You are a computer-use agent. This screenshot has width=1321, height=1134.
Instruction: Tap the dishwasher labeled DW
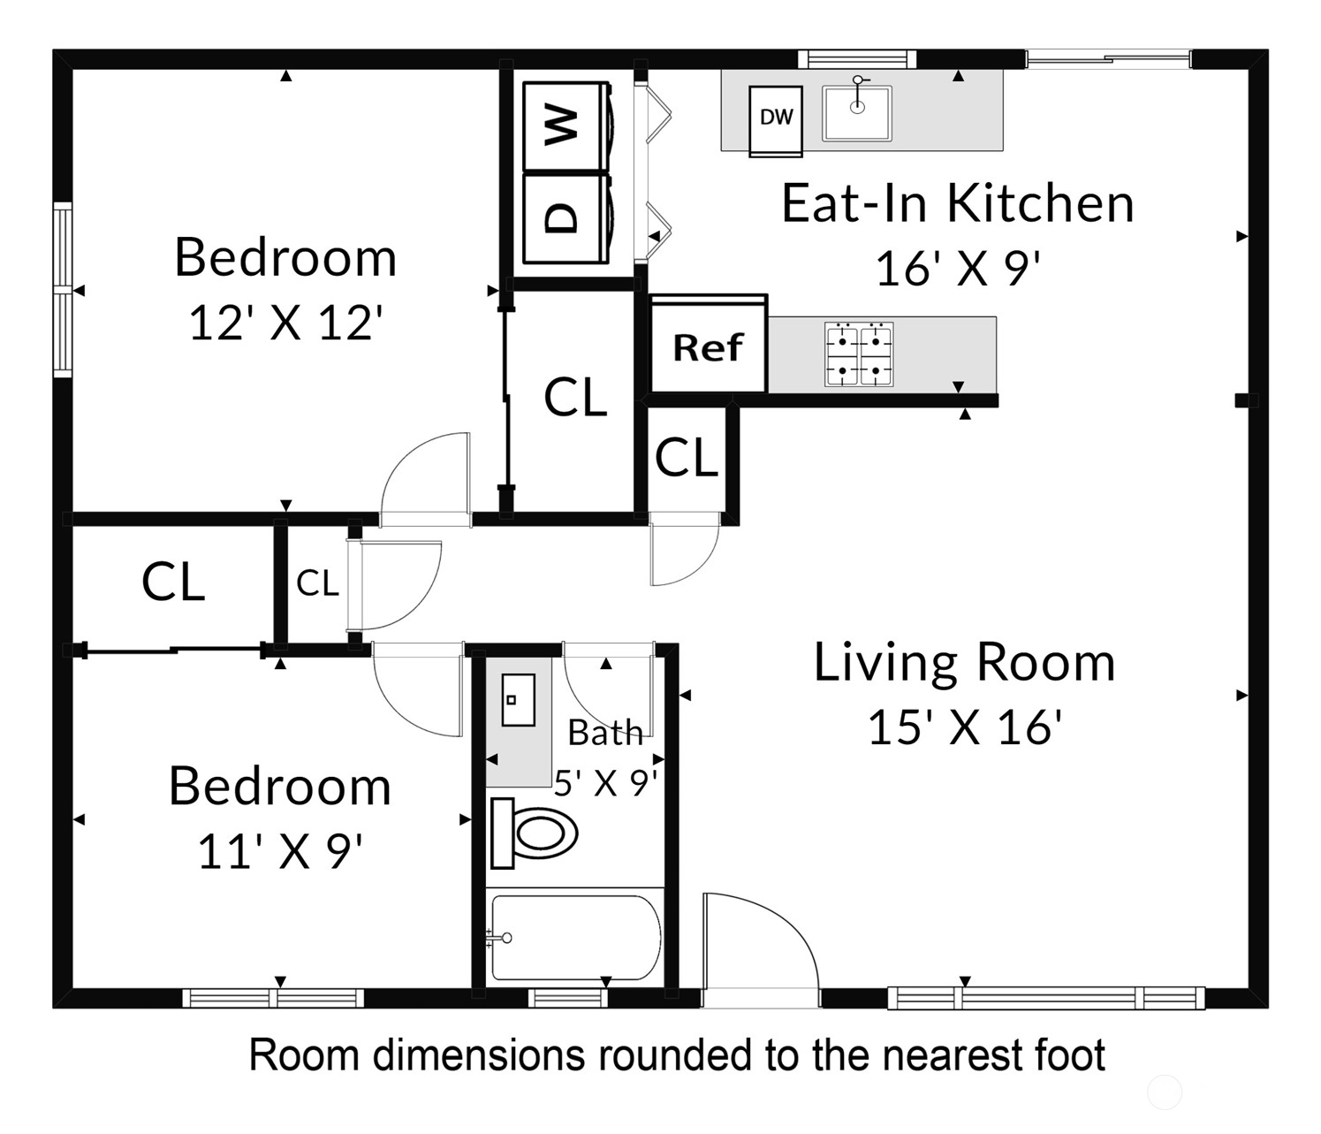[x=775, y=121]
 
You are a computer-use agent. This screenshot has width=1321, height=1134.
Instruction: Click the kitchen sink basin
[x=857, y=113]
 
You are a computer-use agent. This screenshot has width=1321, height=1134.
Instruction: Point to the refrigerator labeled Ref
[x=708, y=346]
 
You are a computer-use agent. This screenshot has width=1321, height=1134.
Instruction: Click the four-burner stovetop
[x=859, y=354]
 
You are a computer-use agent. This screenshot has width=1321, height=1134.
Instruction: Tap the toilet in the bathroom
[x=533, y=833]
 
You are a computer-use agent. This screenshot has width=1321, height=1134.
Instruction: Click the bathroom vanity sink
[x=519, y=699]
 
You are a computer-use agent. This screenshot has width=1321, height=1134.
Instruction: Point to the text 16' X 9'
[x=957, y=269]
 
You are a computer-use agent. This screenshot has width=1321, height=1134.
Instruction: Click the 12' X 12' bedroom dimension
[x=285, y=323]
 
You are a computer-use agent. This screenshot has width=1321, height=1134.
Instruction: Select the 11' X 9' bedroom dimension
[x=280, y=852]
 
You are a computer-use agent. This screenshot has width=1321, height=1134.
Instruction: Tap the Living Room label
[x=964, y=663]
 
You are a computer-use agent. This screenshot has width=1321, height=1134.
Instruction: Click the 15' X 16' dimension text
[x=964, y=727]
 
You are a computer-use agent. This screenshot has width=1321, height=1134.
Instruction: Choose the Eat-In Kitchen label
[x=957, y=203]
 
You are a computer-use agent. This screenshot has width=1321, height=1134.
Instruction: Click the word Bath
[x=605, y=733]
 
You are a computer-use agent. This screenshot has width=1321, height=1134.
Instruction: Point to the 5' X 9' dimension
[x=605, y=782]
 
